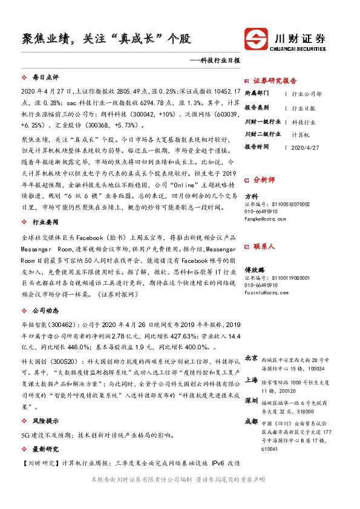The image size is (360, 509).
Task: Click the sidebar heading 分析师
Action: (x=264, y=180)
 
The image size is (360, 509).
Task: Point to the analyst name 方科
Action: (x=251, y=196)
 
